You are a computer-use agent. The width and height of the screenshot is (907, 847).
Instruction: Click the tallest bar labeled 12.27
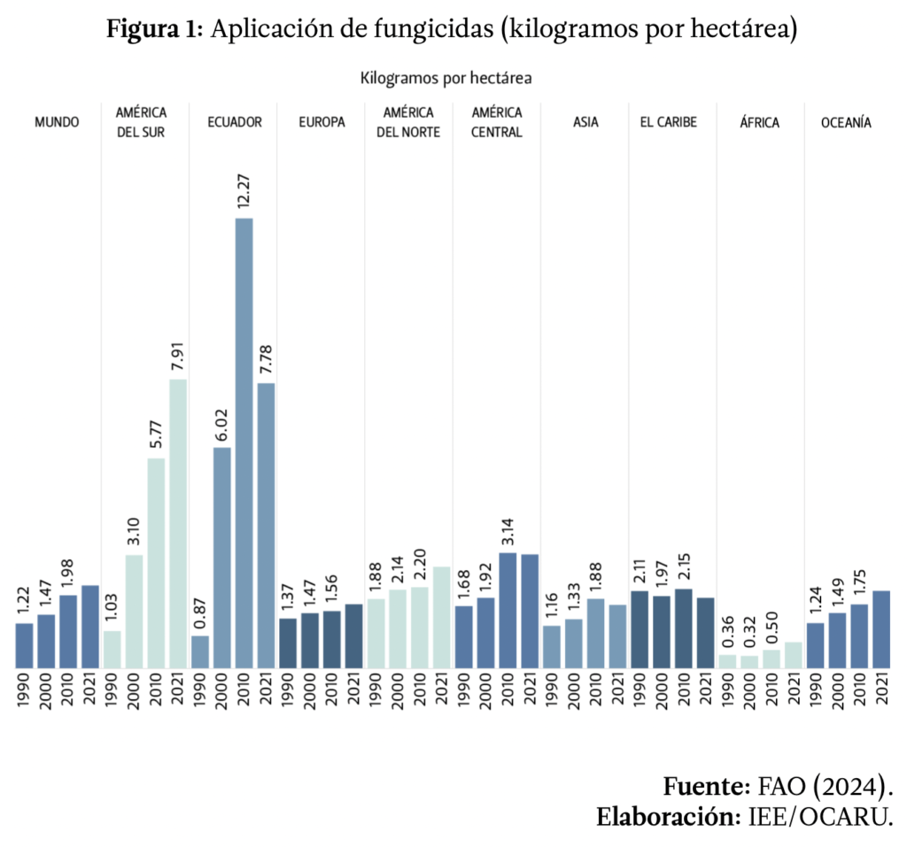(244, 443)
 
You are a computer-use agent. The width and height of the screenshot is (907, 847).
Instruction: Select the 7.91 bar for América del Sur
(178, 523)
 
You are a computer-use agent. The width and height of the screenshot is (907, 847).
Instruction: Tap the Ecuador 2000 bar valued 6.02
(222, 558)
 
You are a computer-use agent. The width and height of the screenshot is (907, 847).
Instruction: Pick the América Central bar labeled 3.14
(508, 611)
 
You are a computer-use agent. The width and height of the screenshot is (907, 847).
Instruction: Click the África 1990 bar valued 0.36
(727, 661)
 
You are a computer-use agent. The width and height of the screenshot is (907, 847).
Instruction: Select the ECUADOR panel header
(234, 123)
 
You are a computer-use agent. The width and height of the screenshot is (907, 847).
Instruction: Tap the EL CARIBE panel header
(668, 123)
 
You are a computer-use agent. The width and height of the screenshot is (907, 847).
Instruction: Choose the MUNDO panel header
(57, 123)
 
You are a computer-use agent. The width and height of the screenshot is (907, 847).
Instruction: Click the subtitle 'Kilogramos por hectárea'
(446, 79)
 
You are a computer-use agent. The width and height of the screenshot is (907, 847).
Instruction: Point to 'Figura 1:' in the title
(156, 30)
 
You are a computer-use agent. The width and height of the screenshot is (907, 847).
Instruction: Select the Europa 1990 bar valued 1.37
(288, 643)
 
